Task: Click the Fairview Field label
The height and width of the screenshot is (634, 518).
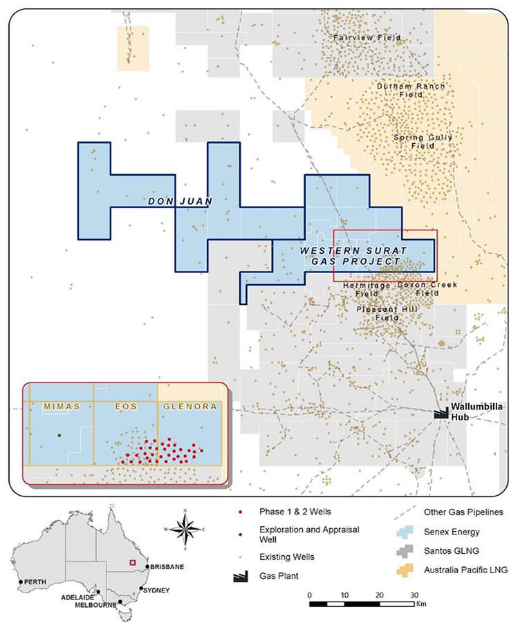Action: pos(357,37)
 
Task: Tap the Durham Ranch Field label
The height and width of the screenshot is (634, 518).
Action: pos(411,91)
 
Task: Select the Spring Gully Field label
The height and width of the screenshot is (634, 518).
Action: pos(423,142)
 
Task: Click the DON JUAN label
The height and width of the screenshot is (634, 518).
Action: pos(179,201)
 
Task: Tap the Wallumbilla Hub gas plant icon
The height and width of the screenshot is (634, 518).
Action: pos(440,413)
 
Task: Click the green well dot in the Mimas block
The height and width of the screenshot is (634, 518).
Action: pos(59,435)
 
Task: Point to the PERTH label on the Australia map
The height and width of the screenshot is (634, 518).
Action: pos(35,582)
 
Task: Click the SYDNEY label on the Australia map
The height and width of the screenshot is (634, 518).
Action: pos(156,590)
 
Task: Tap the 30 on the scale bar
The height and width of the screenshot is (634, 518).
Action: pos(414,595)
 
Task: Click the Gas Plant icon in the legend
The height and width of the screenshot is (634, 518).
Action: pos(239,575)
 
